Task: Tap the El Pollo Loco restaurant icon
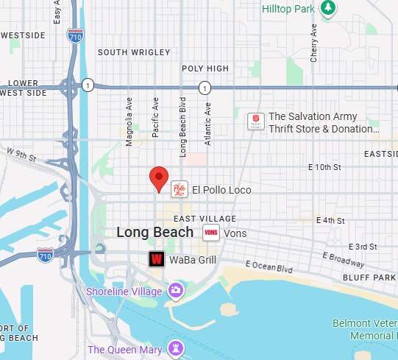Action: [180, 190]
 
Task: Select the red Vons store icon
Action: [211, 233]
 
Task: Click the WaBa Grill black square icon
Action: [156, 259]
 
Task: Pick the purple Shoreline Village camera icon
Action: [176, 291]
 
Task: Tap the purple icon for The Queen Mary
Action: [175, 347]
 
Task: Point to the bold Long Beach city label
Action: [155, 233]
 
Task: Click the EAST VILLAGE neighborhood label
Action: [205, 219]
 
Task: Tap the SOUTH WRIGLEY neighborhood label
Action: [134, 52]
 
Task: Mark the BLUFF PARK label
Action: [369, 278]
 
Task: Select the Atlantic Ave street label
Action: [208, 123]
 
